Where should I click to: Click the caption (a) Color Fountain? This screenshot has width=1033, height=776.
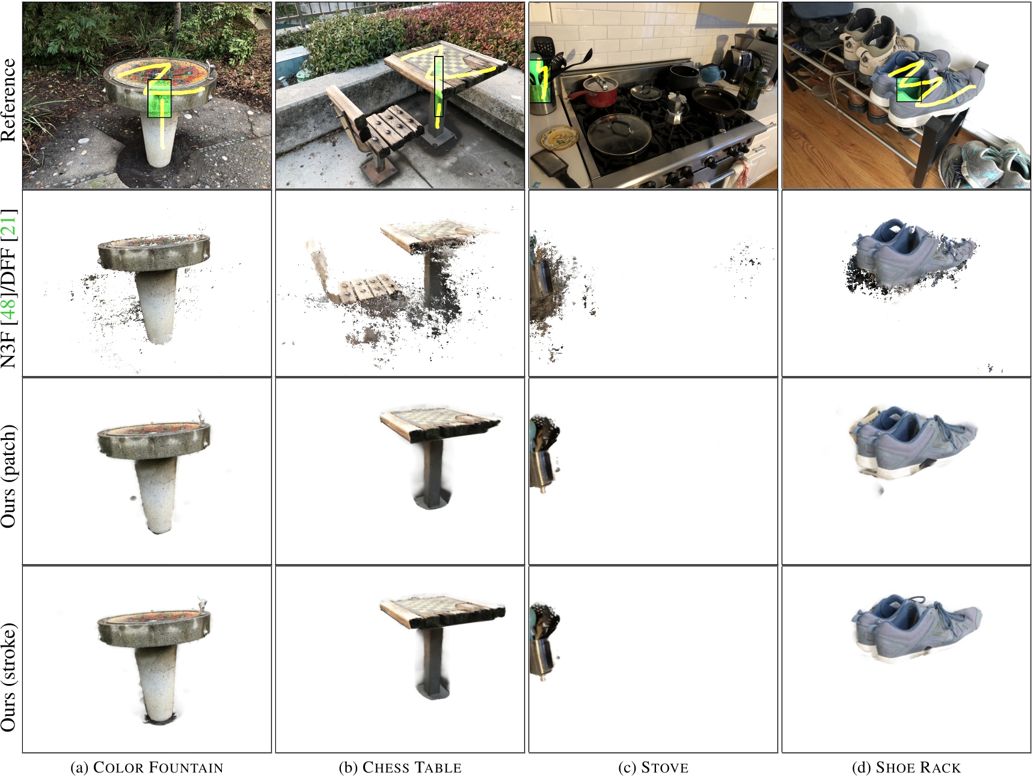147,768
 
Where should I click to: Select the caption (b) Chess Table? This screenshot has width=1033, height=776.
400,768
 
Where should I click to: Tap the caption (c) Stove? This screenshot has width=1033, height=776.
653,768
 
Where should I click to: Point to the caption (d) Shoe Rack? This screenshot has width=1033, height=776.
906,768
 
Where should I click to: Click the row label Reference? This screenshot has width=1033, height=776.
8,100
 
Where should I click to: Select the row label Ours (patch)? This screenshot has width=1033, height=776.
8,477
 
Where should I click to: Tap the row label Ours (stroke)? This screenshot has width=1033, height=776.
8,677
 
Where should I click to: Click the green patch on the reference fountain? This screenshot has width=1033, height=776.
159,99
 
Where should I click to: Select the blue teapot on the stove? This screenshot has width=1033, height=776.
712,74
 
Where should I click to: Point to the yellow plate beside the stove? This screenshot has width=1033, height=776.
560,138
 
